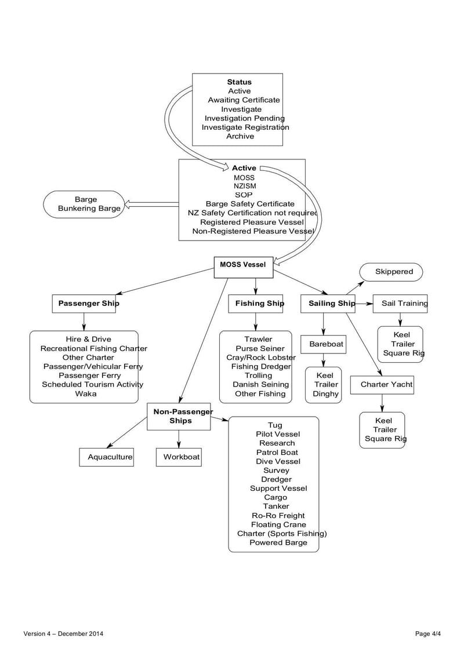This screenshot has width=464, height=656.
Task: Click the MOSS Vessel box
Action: click(x=243, y=265)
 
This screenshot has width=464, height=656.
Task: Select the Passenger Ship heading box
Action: click(x=84, y=304)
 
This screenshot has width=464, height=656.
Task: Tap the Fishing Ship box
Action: click(x=256, y=304)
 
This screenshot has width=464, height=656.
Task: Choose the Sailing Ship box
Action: click(x=328, y=304)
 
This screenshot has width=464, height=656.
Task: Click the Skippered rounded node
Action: click(x=391, y=272)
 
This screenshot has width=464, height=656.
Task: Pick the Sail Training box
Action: click(x=400, y=304)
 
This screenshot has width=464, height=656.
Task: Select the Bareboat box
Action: click(x=323, y=344)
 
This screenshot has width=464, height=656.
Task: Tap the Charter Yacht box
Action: click(x=382, y=385)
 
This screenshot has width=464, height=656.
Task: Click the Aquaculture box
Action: click(x=106, y=457)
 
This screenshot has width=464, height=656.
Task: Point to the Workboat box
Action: click(x=179, y=457)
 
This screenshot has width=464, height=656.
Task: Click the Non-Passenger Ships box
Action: click(x=179, y=417)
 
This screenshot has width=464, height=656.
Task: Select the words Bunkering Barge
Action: click(x=89, y=209)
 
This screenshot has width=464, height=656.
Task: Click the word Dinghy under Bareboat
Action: click(x=325, y=394)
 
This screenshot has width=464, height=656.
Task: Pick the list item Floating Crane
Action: click(x=278, y=524)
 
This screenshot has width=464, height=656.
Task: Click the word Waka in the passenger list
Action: click(x=85, y=393)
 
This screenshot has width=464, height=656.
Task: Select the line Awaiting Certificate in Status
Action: click(x=244, y=100)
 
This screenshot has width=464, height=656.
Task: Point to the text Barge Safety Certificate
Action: click(x=250, y=204)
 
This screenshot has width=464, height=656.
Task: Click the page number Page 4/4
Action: click(x=428, y=634)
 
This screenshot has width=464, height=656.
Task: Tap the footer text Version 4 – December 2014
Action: click(x=64, y=634)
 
